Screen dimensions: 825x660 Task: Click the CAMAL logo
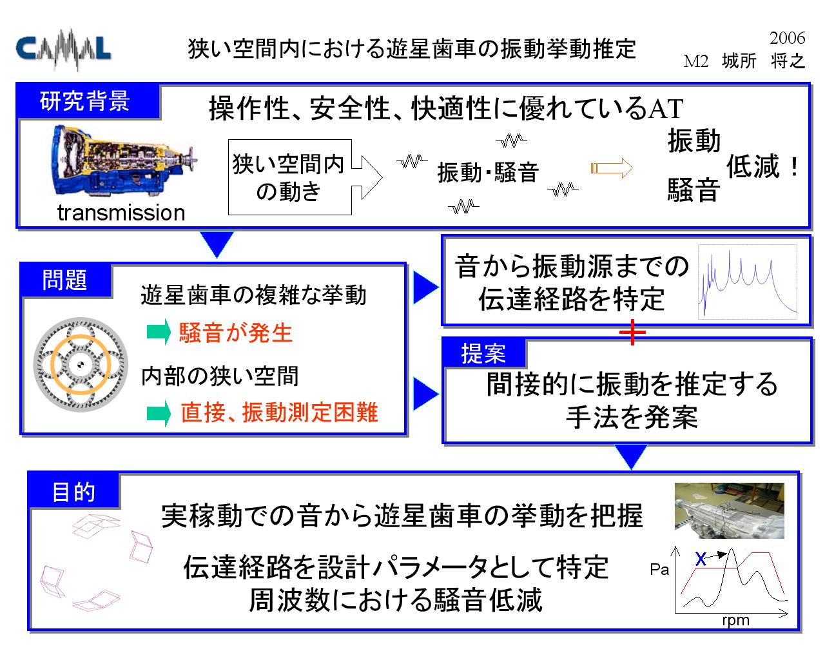pos(63,49)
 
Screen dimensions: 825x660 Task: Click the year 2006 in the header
pos(787,38)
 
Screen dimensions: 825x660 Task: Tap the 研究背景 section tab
pos(86,101)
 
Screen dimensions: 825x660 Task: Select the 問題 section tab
pos(65,280)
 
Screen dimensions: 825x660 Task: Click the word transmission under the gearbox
pos(121,213)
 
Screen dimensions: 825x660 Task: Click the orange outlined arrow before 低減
pos(611,168)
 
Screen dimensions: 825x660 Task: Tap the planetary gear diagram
pos(81,365)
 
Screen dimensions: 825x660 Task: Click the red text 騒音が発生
pos(236,332)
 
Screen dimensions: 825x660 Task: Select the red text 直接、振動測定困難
pos(280,412)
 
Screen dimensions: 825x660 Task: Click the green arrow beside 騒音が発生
pos(159,332)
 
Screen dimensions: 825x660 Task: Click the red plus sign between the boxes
pos(632,332)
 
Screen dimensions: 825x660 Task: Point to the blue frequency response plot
pos(747,282)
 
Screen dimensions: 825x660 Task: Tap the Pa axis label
pos(659,570)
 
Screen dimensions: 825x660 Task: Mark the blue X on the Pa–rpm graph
pos(701,559)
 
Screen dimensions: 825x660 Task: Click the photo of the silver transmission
pos(729,510)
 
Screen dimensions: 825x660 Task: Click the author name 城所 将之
pos(763,61)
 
